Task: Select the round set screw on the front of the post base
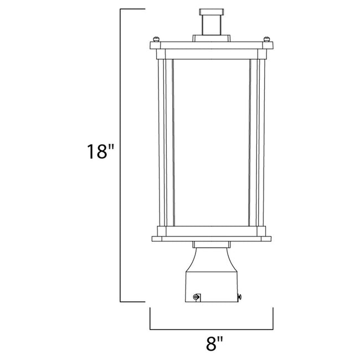(195, 297)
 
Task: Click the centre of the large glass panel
(212, 142)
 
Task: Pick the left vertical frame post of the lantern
(162, 142)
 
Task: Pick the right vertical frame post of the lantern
(262, 142)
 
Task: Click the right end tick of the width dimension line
(273, 318)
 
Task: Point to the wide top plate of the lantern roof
(212, 44)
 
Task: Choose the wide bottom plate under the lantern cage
(212, 239)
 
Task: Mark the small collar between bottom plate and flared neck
(212, 246)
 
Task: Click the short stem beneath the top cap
(212, 25)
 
